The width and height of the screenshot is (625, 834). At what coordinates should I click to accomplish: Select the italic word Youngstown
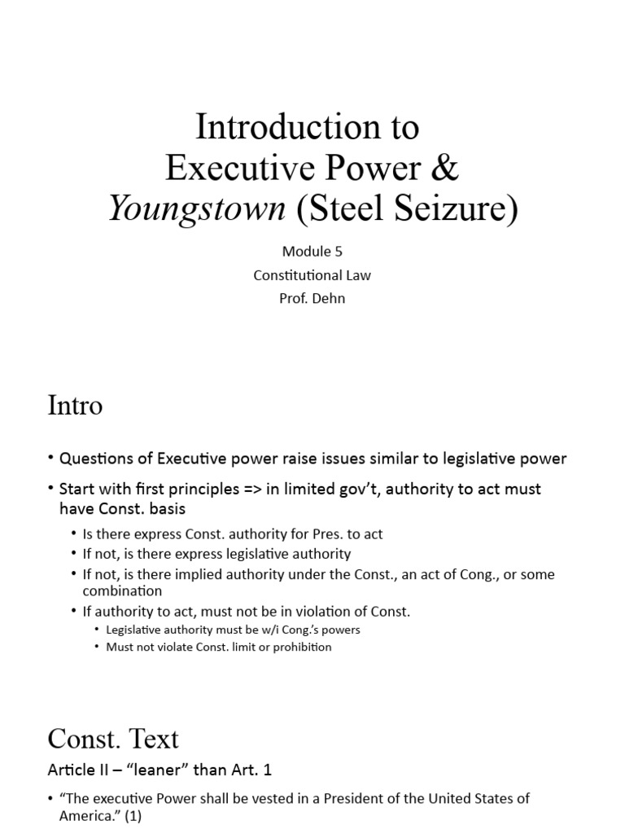point(197,209)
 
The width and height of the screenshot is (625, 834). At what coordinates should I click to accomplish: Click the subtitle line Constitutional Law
point(312,275)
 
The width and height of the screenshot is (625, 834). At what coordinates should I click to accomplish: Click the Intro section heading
point(75,405)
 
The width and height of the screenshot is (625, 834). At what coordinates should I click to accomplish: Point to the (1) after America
point(131,815)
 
